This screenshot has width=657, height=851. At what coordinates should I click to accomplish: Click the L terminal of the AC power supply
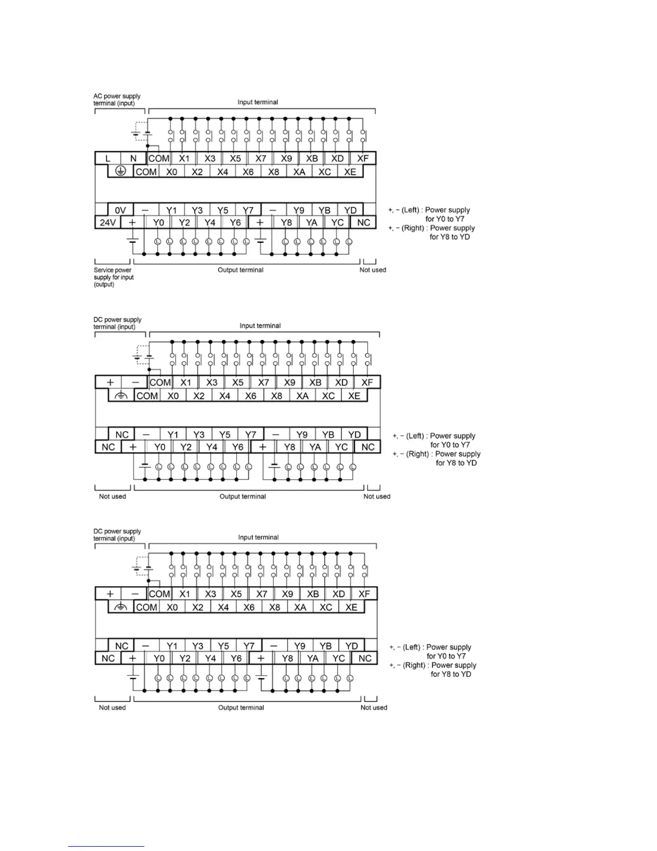(x=108, y=158)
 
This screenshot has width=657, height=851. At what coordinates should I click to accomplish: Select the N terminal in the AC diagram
(x=133, y=158)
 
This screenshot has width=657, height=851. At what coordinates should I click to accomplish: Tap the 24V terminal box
(x=108, y=222)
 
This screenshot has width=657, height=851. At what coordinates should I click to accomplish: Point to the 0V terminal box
(x=121, y=210)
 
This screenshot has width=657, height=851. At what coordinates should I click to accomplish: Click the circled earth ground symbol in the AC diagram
(x=121, y=171)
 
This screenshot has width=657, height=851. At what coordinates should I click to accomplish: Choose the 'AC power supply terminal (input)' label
(x=117, y=100)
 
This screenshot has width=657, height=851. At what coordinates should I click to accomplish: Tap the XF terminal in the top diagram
(x=363, y=158)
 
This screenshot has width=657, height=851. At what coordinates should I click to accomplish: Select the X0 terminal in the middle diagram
(x=173, y=396)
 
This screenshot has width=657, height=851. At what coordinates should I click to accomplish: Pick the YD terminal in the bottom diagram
(x=352, y=646)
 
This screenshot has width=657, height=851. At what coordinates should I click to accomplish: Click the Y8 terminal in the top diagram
(x=287, y=222)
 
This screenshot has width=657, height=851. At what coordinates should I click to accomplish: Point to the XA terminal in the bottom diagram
(x=300, y=607)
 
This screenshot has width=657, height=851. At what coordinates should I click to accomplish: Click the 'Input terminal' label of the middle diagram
(x=260, y=326)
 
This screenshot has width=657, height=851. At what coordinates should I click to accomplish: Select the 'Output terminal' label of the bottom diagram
(x=241, y=708)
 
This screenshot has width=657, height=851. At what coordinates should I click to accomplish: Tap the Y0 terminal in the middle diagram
(x=160, y=447)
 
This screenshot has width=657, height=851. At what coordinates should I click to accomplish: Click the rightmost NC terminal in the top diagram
(x=363, y=222)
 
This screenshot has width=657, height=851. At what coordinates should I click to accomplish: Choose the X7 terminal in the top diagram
(x=261, y=158)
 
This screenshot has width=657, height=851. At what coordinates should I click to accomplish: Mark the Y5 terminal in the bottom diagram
(x=223, y=646)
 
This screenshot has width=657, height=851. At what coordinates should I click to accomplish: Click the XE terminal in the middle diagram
(x=354, y=396)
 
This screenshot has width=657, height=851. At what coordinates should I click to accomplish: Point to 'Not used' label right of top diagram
(x=373, y=270)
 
